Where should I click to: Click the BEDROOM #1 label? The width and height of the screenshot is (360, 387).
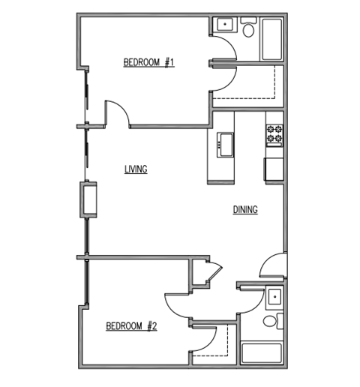coord(149,63)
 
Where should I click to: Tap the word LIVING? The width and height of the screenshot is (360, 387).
coord(136,169)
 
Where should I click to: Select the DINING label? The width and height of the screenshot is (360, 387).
coord(245,211)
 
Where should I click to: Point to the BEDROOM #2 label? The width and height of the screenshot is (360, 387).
coord(130,326)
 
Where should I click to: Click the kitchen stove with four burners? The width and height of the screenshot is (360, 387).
coord(274,134)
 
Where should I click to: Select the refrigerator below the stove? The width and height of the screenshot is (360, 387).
coord(274,168)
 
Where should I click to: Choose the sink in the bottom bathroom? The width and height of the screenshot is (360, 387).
coord(274,298)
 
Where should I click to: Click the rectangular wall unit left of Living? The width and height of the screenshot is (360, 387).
coord(91,198)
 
